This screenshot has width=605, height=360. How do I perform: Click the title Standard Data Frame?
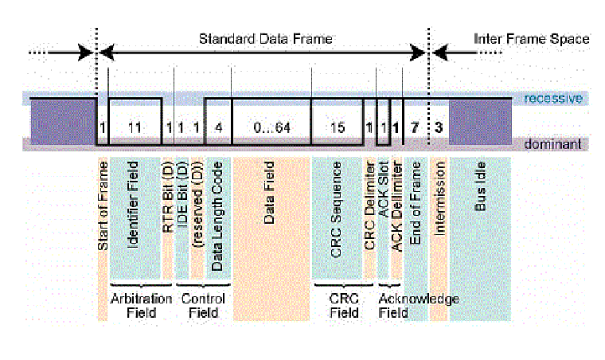[265, 38]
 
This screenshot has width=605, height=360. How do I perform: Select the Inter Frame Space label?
[531, 38]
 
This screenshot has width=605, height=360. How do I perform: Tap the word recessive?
[554, 99]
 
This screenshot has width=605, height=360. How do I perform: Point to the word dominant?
[554, 144]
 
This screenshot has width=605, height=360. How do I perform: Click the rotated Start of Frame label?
[103, 206]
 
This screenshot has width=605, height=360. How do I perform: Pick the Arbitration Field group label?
[140, 306]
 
